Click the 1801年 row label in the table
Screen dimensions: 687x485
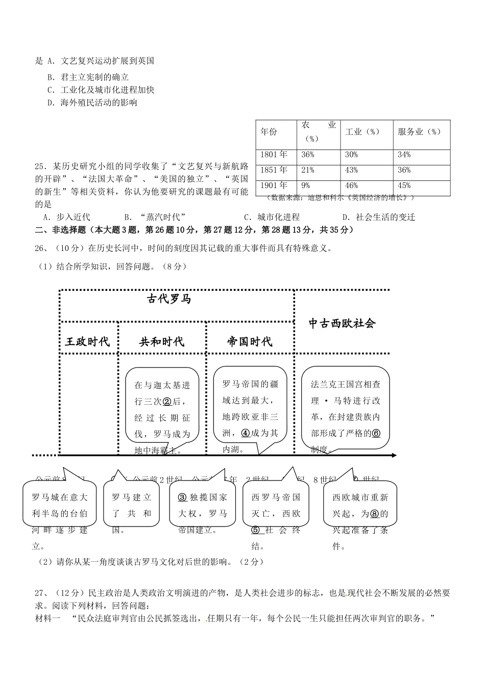(274, 154)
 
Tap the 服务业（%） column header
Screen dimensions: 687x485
(419, 131)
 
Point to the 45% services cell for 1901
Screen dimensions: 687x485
(404, 186)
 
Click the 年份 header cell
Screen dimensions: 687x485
(269, 131)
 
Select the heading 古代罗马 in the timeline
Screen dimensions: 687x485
(169, 299)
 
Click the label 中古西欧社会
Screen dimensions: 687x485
(342, 323)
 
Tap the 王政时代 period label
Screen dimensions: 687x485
(87, 342)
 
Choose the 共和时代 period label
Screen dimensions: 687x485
(162, 342)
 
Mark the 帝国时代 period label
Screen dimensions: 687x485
(250, 342)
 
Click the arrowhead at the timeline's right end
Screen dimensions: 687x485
(394, 455)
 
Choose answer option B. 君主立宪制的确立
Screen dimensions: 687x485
(88, 77)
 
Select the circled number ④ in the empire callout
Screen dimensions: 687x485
(246, 432)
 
